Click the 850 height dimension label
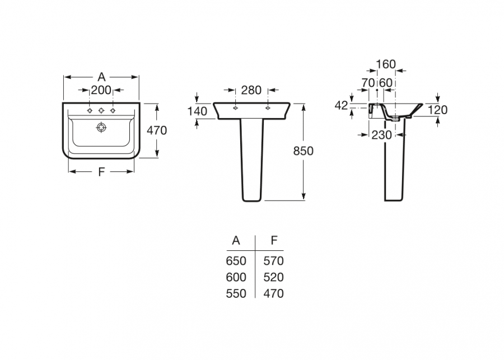coord(303,151)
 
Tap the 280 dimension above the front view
coord(251,90)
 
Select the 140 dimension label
coord(197,111)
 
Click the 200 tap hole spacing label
coord(101,90)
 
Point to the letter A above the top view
coord(101,77)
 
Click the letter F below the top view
coord(101,172)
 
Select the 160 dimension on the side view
coord(386,64)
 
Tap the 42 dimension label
coord(342,105)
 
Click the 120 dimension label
coord(437,110)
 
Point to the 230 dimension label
coord(382,135)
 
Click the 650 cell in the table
coord(236,261)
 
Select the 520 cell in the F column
coord(273,277)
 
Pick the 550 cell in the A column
coord(236,293)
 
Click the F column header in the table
coord(274,240)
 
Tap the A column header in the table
coord(236,240)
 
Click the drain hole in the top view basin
coord(101,127)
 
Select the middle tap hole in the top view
coord(101,110)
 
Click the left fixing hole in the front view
coord(236,108)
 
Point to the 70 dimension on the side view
coord(368,83)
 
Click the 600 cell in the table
coord(236,277)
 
